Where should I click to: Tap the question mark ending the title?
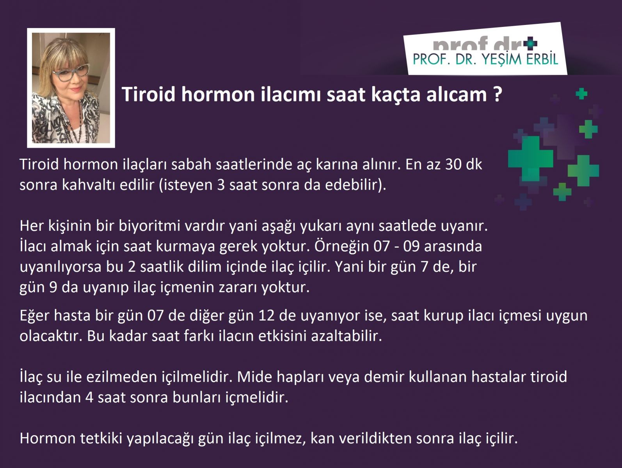[x=497, y=94]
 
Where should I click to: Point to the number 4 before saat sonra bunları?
[x=89, y=397]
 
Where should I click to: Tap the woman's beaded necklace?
[x=71, y=119]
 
